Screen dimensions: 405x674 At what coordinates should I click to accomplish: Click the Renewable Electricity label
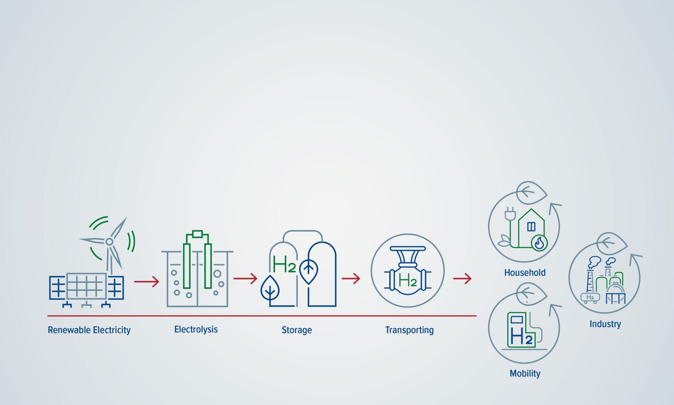click(x=89, y=330)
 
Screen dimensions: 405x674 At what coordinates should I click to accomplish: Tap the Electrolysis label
click(x=196, y=329)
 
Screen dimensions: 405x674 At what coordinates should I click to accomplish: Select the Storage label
click(x=297, y=330)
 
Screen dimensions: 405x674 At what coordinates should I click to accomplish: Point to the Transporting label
click(x=409, y=330)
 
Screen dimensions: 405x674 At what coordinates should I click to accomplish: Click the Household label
click(x=525, y=272)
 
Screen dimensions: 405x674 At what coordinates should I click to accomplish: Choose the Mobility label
click(x=525, y=373)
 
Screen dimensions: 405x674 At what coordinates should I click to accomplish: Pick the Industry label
click(x=605, y=324)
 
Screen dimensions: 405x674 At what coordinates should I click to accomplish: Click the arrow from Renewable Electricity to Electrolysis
click(x=147, y=281)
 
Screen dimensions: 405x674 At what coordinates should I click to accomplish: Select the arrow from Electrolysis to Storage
click(x=245, y=278)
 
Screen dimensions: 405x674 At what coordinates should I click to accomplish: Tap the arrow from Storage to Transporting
click(x=351, y=278)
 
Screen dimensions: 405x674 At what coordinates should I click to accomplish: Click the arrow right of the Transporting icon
click(x=462, y=278)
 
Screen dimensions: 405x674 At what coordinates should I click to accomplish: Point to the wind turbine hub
click(x=109, y=242)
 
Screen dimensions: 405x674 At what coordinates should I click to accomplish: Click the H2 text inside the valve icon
click(x=408, y=280)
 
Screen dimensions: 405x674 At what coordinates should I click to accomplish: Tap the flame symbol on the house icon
click(x=539, y=243)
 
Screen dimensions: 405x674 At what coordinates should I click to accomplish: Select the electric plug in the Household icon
click(x=510, y=215)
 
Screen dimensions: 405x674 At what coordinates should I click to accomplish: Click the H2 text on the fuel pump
click(x=521, y=336)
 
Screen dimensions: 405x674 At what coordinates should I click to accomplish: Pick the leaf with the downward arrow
click(x=270, y=289)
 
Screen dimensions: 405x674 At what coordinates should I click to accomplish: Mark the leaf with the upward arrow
click(x=309, y=271)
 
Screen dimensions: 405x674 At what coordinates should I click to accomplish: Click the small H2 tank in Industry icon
click(x=590, y=298)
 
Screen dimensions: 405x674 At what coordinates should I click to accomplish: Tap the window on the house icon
click(x=531, y=226)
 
